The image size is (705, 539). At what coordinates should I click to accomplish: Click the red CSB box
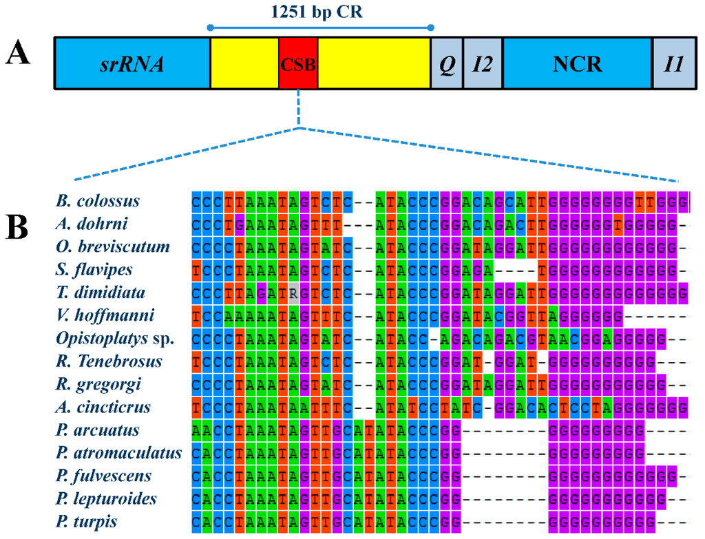(298, 64)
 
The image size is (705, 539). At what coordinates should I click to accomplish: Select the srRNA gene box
(131, 64)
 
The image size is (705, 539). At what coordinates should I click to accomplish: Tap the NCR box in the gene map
(577, 64)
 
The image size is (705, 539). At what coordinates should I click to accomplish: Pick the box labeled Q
(446, 64)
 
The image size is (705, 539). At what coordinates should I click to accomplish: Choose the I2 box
(483, 64)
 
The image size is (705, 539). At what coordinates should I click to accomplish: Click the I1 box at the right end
(673, 64)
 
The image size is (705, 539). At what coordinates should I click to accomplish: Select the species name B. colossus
(99, 201)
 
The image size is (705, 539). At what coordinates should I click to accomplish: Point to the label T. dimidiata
(101, 293)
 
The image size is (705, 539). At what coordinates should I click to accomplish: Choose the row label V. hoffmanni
(105, 316)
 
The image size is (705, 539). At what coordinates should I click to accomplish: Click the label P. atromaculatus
(119, 453)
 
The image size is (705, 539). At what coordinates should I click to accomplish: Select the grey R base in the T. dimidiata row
(294, 293)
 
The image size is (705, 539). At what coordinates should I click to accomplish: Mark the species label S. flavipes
(95, 270)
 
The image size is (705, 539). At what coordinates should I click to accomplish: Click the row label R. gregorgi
(98, 384)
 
